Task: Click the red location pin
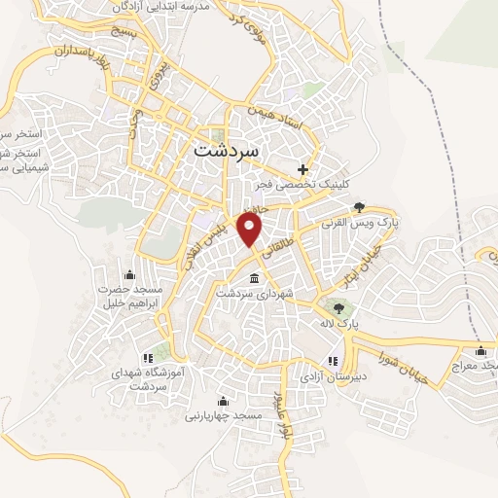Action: (251, 230)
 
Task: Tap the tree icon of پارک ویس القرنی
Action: (359, 206)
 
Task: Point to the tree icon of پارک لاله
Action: (338, 307)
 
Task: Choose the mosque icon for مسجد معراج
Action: (480, 351)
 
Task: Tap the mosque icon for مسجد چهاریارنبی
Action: (223, 401)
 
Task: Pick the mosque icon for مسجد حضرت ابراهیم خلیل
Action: (130, 275)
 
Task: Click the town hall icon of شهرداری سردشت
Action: (255, 279)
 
